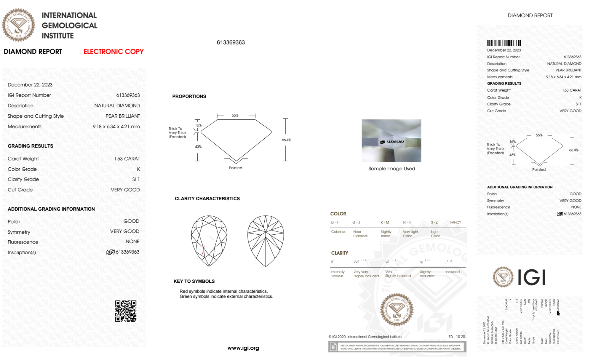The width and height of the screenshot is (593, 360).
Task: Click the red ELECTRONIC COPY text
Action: [114, 52]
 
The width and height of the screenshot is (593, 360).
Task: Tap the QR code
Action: [126, 311]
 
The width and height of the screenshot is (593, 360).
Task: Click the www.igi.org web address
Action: [243, 348]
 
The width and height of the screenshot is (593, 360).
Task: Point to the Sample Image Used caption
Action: [391, 169]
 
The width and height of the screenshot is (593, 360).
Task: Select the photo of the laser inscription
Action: [391, 141]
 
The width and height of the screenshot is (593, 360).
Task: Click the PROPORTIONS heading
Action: [189, 96]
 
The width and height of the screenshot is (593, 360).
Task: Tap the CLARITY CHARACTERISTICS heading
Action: [207, 199]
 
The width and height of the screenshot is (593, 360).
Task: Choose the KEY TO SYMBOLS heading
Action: [194, 281]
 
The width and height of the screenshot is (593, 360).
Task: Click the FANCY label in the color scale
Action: [455, 222]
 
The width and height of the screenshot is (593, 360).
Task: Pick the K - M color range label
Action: [385, 222]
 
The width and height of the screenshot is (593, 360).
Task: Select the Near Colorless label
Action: [360, 234]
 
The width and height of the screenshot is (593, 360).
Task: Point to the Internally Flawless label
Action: [337, 274]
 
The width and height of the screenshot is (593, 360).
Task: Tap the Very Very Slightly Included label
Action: [366, 274]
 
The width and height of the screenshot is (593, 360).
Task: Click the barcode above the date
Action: [504, 43]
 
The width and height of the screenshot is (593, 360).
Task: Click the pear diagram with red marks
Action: [209, 241]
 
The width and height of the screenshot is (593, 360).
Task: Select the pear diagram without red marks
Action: [266, 241]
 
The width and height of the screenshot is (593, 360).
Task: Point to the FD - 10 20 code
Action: [457, 337]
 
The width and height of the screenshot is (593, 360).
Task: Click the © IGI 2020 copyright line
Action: [365, 337]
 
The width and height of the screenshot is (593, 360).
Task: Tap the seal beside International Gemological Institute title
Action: [18, 25]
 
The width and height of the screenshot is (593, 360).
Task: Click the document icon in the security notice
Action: [333, 347]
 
